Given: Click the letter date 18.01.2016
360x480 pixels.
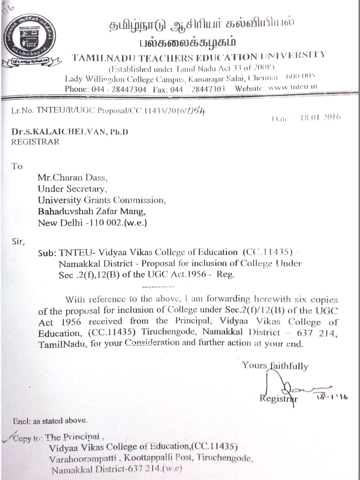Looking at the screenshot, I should click(321, 117).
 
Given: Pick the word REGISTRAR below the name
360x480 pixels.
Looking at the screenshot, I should click(35, 142).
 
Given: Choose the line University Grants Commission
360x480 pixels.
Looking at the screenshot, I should click(102, 200).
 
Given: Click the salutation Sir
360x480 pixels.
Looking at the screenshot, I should click(18, 241).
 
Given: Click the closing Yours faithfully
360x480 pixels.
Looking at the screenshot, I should click(275, 365).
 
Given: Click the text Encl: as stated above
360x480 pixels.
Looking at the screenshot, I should click(50, 421).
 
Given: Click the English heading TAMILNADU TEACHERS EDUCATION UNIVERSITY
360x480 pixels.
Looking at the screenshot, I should click(199, 57).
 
